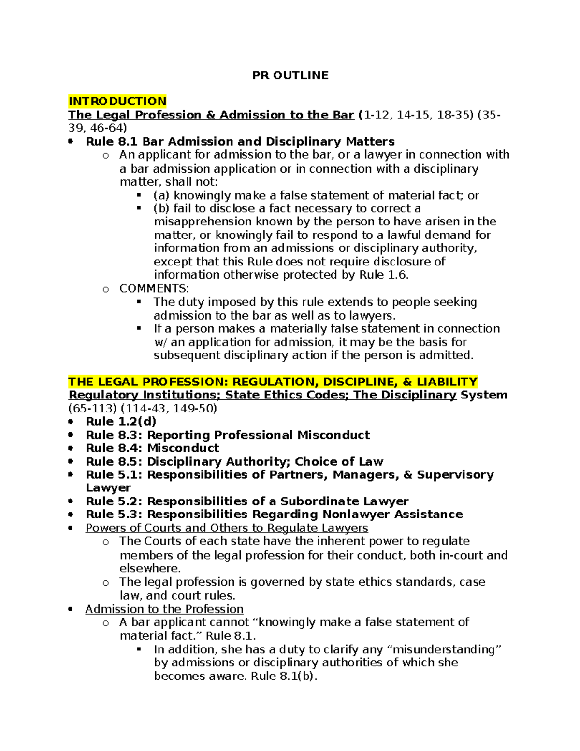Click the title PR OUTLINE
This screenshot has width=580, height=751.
pyautogui.click(x=290, y=75)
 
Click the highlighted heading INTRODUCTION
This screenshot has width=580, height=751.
pyautogui.click(x=117, y=101)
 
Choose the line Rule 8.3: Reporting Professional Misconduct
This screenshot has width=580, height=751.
pyautogui.click(x=228, y=435)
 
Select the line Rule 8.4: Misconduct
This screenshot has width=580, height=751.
pyautogui.click(x=152, y=448)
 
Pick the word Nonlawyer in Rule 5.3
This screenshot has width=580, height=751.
pyautogui.click(x=356, y=515)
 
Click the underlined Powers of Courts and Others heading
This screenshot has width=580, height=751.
pyautogui.click(x=227, y=528)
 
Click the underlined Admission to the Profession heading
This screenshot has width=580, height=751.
pyautogui.click(x=164, y=609)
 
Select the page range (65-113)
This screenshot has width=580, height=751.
pyautogui.click(x=93, y=409)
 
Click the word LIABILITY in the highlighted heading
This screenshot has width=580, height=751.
pyautogui.click(x=447, y=382)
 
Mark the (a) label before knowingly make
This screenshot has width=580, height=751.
pyautogui.click(x=162, y=195)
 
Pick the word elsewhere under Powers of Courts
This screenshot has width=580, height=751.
pyautogui.click(x=150, y=568)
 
